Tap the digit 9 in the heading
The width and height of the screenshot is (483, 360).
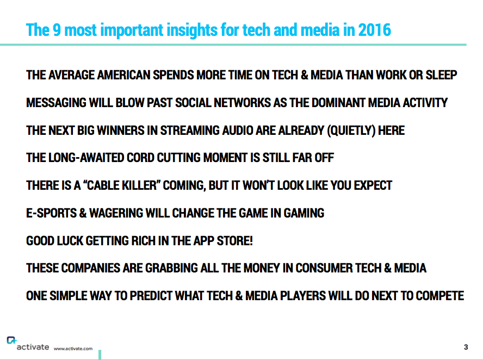click(57, 30)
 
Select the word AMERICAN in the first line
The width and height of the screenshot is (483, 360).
click(124, 75)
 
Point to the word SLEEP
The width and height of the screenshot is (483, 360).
click(441, 75)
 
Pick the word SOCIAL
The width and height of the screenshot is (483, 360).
click(193, 103)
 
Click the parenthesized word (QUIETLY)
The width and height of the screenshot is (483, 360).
click(351, 131)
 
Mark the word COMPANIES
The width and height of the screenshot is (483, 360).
click(90, 268)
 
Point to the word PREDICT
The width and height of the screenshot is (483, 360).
click(151, 296)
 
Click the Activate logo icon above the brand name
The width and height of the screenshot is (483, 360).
click(11, 340)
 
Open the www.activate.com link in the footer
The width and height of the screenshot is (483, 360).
click(73, 349)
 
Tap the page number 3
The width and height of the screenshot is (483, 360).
click(466, 347)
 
